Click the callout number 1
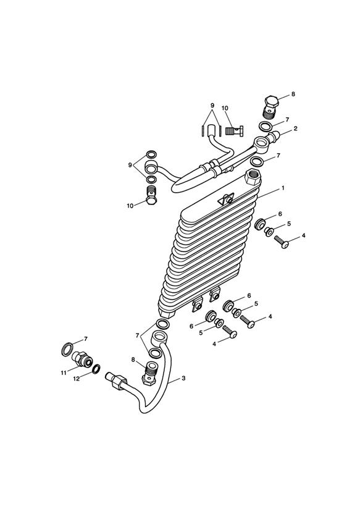(x=283, y=188)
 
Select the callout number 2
(x=295, y=128)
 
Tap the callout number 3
(x=183, y=378)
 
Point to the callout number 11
(x=64, y=373)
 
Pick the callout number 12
(x=77, y=379)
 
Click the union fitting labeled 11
(x=82, y=359)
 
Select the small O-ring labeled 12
(x=96, y=369)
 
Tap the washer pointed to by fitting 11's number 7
(x=67, y=350)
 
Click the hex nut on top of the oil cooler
(x=254, y=177)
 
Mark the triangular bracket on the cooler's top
(x=226, y=199)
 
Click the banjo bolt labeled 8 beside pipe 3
(x=149, y=373)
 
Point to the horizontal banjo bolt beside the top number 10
(x=235, y=132)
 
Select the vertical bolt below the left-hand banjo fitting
(x=151, y=195)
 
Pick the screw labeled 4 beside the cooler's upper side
(x=282, y=242)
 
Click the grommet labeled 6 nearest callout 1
(x=260, y=225)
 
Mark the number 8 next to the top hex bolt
(x=293, y=94)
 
